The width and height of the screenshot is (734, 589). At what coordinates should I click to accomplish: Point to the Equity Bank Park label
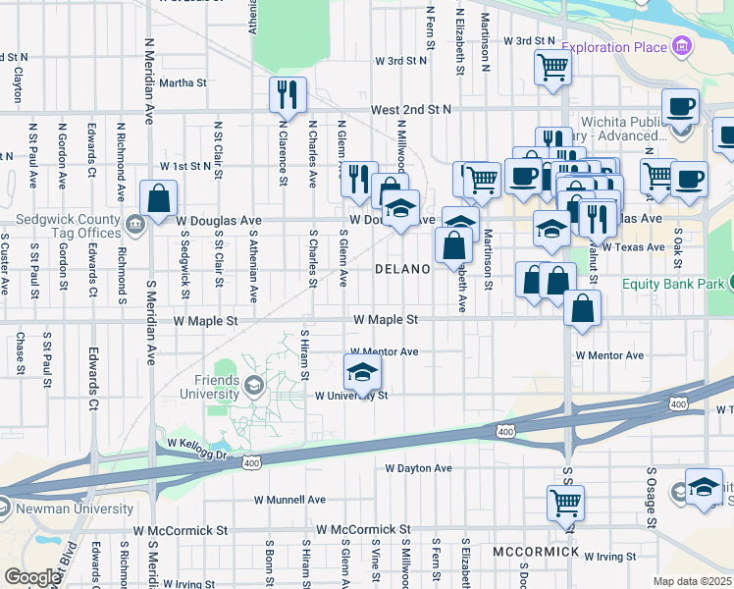672,284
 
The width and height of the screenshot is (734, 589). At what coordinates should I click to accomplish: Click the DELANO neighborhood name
402,269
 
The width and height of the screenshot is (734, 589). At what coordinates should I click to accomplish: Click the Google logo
31,576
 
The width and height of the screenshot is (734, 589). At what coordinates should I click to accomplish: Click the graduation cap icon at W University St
362,373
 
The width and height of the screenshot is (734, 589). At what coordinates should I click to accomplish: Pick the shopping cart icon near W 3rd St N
552,67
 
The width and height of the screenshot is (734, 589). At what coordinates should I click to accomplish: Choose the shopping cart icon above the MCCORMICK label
566,502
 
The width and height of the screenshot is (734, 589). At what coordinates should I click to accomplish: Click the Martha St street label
183,82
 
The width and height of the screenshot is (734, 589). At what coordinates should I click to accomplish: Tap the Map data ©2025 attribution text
692,581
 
